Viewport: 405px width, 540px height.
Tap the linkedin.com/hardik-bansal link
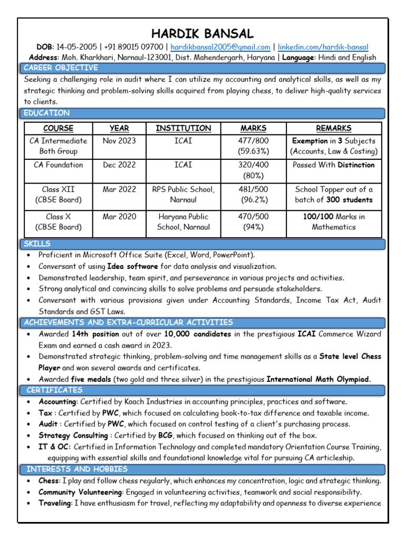click(323, 47)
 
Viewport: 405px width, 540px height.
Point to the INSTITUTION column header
click(183, 128)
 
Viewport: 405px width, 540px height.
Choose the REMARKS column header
click(333, 128)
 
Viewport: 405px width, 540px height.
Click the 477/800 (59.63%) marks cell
click(253, 146)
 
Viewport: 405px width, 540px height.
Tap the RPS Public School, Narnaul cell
click(183, 195)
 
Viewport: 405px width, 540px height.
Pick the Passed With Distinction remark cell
click(333, 165)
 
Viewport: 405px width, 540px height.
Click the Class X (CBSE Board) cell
click(58, 222)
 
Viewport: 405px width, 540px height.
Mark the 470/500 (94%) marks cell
click(253, 222)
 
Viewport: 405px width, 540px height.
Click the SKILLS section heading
click(37, 244)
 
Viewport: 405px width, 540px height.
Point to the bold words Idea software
click(132, 266)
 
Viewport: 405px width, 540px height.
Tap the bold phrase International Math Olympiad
click(319, 379)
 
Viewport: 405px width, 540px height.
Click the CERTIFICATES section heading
click(54, 390)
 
